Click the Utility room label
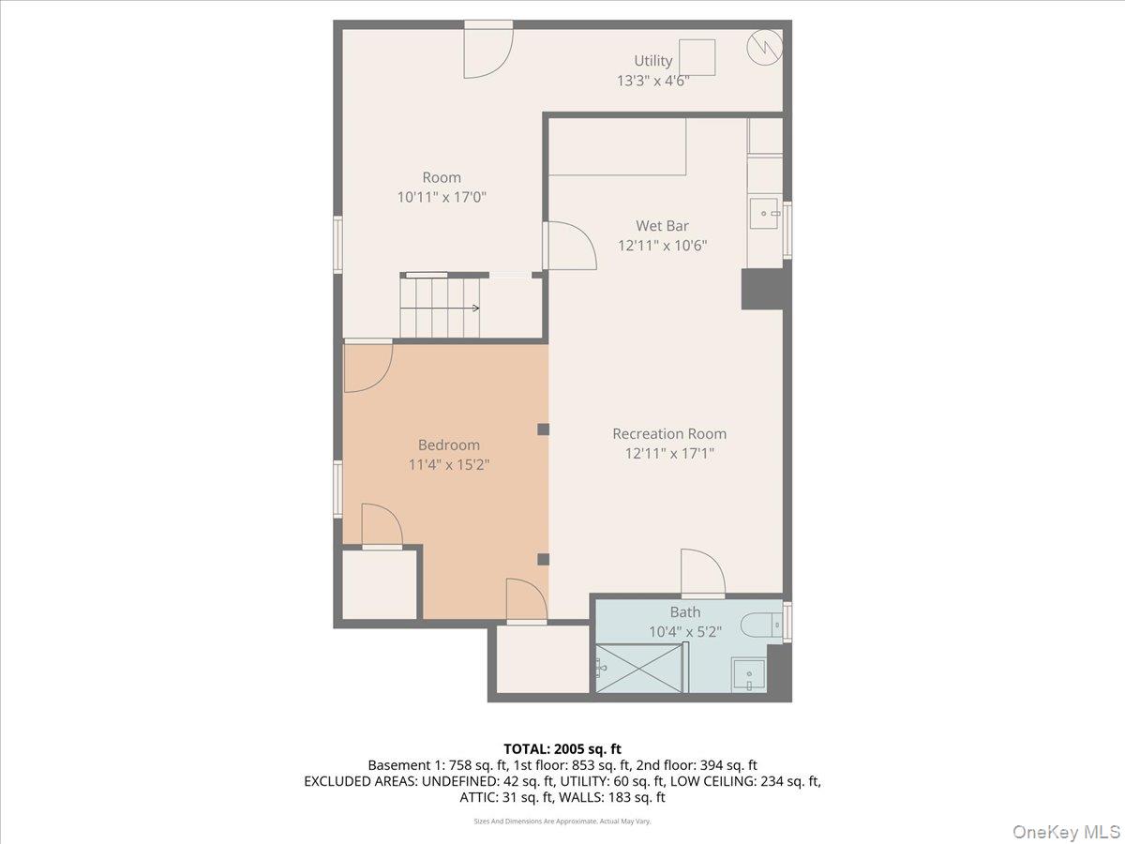tap(652, 61)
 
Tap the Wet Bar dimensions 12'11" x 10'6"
tap(662, 246)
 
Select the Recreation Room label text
tap(669, 433)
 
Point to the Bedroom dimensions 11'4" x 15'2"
tap(448, 465)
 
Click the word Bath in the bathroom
tap(685, 611)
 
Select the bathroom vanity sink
tap(749, 674)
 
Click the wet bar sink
tap(764, 213)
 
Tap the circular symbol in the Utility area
tap(765, 48)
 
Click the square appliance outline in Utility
tap(697, 57)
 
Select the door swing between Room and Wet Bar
tap(570, 246)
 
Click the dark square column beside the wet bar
tap(762, 290)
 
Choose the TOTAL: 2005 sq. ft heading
tap(562, 749)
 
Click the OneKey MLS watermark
tap(1066, 831)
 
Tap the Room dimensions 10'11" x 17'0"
tap(442, 197)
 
